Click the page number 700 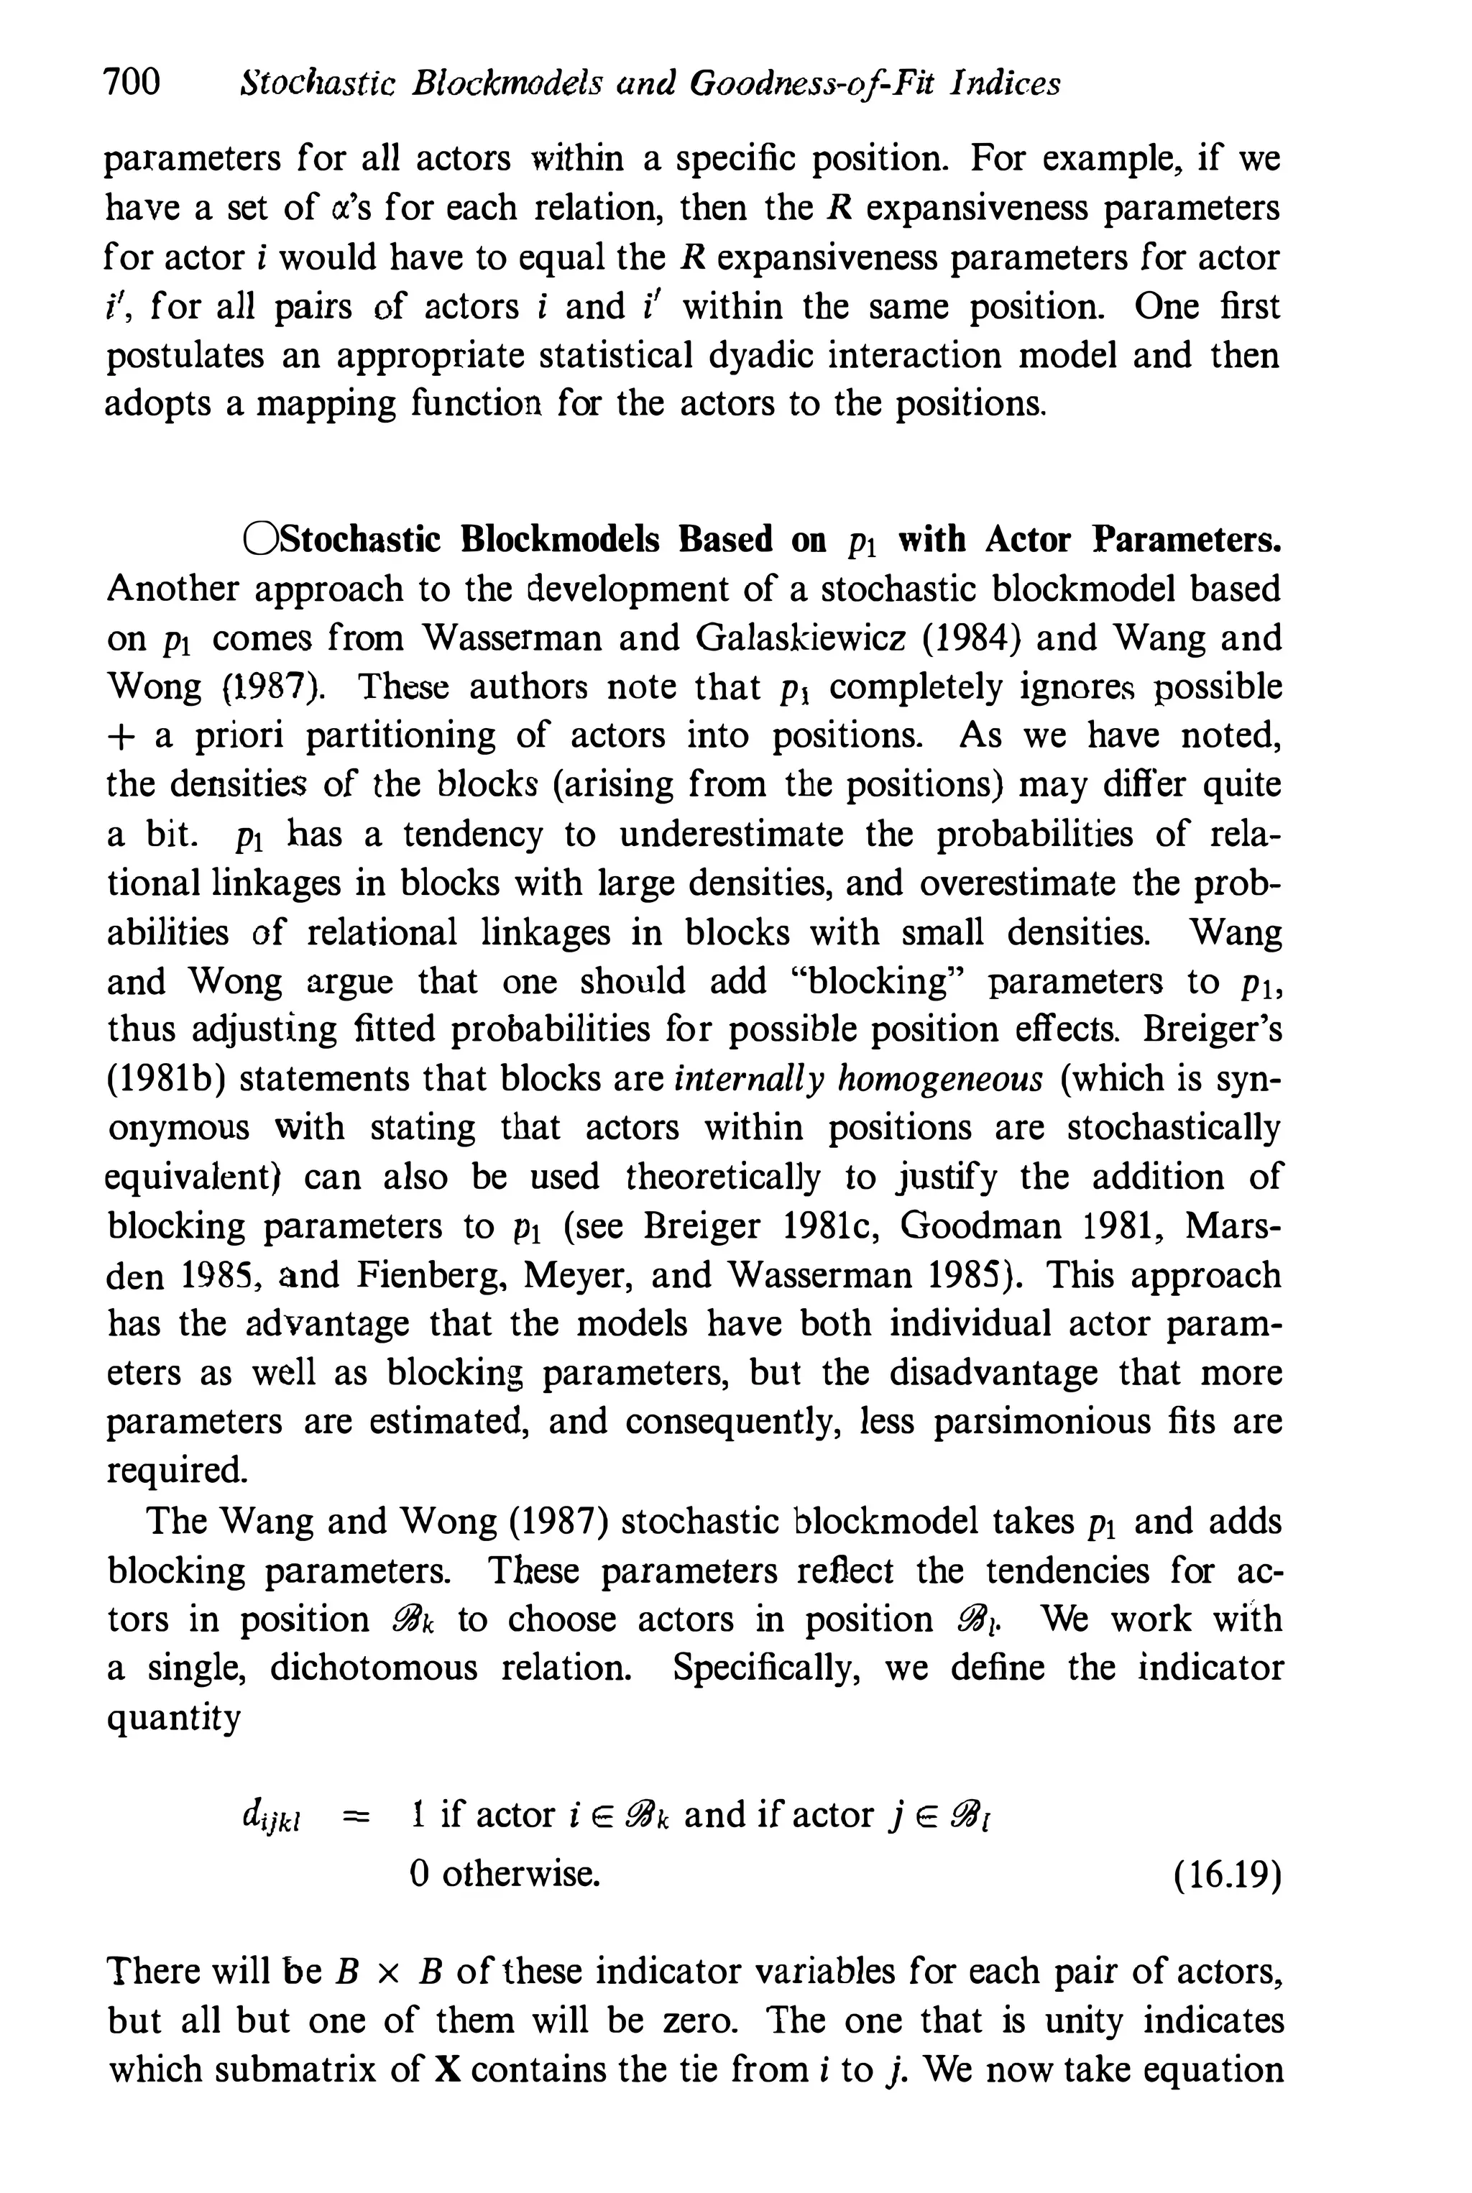[132, 83]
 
